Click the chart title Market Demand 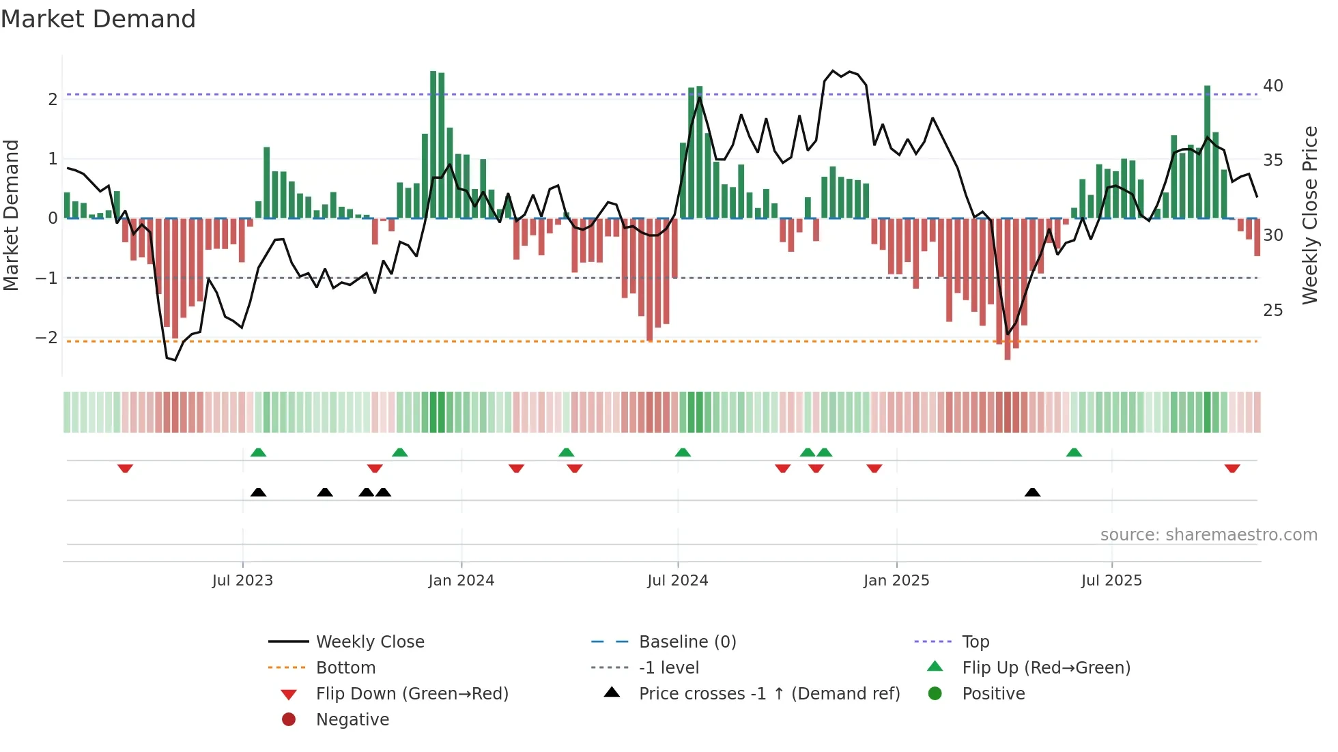point(98,19)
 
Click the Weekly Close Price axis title point(1309,215)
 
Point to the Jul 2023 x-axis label point(242,581)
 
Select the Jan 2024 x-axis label point(461,581)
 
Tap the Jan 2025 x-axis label point(896,581)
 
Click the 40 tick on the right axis point(1272,86)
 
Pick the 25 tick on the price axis point(1272,310)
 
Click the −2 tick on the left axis point(46,338)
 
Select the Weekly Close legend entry point(369,642)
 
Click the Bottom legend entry point(345,668)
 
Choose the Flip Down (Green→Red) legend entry point(412,694)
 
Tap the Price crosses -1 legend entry point(769,694)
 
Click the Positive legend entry point(993,694)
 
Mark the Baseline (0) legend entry point(687,642)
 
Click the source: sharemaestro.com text point(1208,535)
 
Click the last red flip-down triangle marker point(1232,468)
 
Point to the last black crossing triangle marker point(1032,493)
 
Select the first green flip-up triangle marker point(258,452)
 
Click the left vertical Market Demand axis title point(11,215)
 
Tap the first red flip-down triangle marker point(125,468)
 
